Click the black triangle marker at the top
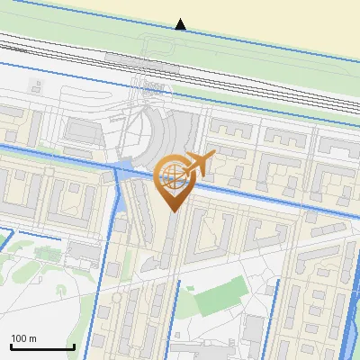click(x=181, y=24)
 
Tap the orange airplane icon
click(x=197, y=164)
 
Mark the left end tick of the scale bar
click(x=11, y=346)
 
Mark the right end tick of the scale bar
click(x=74, y=346)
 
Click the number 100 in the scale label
click(x=20, y=338)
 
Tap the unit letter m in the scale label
click(x=32, y=339)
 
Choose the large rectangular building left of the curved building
click(x=83, y=131)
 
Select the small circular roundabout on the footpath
click(x=59, y=291)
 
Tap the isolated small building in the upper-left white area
click(x=37, y=88)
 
